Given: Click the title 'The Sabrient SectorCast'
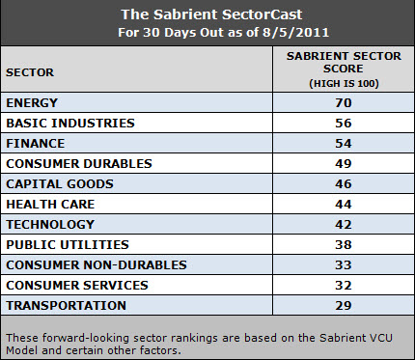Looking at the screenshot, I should point(207,14).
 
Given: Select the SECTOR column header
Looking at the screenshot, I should point(30,72).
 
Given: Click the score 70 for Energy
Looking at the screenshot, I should point(332,102).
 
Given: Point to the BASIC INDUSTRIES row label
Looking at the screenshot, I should point(69,123).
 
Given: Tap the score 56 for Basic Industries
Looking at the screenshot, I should point(332,123).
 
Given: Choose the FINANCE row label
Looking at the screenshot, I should point(35,143).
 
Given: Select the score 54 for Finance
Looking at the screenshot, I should point(332,143).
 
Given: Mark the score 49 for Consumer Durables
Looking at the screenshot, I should point(332,163).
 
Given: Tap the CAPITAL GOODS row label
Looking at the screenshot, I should point(59,183).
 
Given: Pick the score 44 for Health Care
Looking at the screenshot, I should point(332,204).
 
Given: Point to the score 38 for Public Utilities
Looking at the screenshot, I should point(332,244).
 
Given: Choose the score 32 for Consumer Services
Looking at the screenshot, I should point(332,285).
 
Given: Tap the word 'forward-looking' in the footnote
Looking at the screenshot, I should point(75,336).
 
